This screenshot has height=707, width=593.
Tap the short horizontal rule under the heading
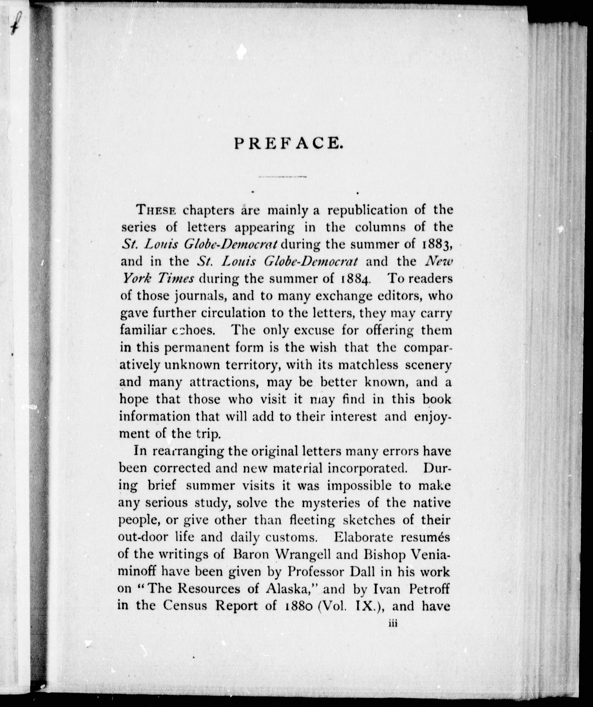point(282,177)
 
